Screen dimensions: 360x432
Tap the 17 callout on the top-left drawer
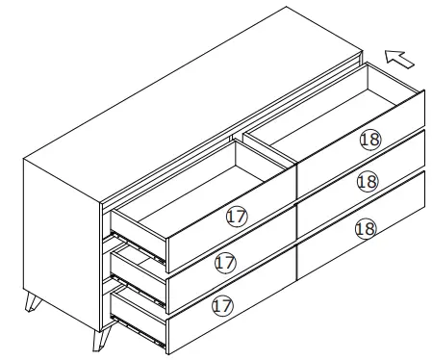236,217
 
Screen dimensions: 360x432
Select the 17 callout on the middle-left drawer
225,262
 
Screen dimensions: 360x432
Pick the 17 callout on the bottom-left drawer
222,306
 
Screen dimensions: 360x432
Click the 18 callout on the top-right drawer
369,140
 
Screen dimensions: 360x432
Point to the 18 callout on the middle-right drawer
366,181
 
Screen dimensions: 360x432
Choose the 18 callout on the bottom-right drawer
364,228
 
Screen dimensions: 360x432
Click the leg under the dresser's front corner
100,337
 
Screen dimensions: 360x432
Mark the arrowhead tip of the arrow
386,55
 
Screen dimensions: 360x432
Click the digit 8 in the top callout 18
373,140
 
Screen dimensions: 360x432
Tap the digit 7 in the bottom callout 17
226,306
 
